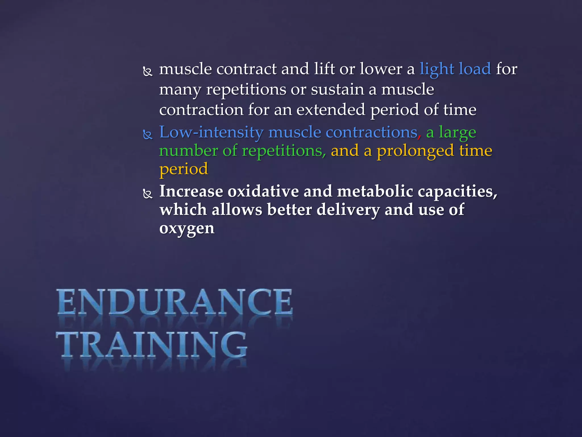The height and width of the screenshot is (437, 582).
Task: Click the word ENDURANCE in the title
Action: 174,302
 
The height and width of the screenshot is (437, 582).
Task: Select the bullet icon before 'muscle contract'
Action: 147,71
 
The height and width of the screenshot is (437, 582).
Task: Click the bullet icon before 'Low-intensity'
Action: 147,134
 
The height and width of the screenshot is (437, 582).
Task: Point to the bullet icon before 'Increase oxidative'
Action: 147,194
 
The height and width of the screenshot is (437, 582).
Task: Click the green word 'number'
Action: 188,151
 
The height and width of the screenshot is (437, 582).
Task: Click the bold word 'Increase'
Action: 191,191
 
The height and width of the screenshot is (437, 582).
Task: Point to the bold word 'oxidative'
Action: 263,191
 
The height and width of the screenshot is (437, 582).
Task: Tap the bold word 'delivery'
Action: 348,210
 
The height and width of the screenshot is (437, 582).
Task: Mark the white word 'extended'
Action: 331,110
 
